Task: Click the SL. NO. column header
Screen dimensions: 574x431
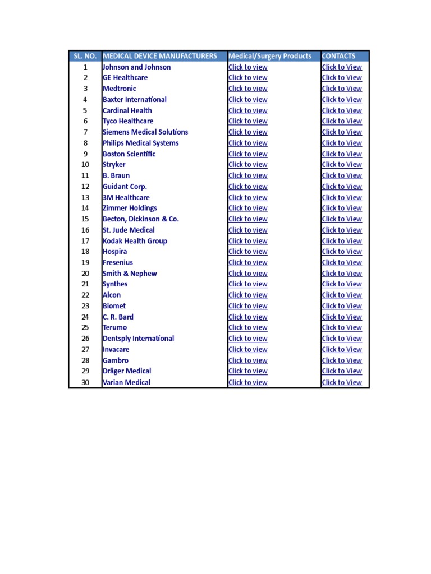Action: point(85,56)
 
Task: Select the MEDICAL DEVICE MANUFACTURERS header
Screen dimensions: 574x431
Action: point(160,56)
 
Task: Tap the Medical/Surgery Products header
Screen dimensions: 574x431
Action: point(270,56)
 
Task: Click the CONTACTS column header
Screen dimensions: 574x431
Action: point(338,56)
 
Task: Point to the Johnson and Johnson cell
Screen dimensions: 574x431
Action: point(136,67)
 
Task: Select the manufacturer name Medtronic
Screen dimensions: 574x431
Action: point(119,89)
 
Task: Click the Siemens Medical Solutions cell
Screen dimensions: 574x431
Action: point(145,132)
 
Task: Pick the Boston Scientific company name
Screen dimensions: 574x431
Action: point(129,154)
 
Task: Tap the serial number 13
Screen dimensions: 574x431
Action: point(85,198)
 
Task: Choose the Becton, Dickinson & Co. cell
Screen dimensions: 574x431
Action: point(141,219)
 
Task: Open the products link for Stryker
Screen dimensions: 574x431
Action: point(247,165)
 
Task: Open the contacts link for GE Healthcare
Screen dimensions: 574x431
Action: point(342,78)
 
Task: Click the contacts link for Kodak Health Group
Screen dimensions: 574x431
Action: point(342,241)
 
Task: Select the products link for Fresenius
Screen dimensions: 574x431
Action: point(247,263)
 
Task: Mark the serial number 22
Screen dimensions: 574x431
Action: point(85,295)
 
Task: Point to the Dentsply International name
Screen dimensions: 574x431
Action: point(138,339)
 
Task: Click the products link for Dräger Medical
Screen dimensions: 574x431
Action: point(247,371)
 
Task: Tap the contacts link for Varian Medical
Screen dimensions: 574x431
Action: point(342,383)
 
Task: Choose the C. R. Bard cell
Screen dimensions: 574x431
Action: point(118,317)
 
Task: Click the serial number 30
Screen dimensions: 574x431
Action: point(85,383)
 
